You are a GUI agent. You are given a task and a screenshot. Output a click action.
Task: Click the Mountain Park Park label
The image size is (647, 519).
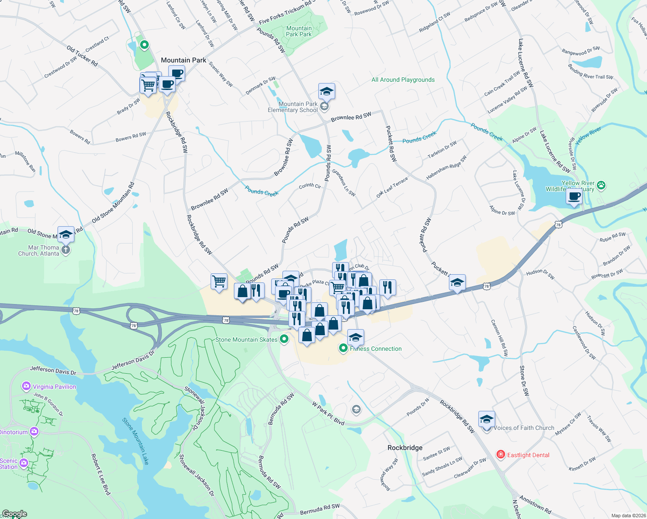(299, 31)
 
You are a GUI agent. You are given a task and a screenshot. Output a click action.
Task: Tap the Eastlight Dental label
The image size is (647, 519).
(528, 455)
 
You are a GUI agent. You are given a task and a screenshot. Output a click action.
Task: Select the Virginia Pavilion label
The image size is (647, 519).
(54, 387)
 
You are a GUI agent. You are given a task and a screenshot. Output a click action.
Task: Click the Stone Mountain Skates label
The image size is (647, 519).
(246, 340)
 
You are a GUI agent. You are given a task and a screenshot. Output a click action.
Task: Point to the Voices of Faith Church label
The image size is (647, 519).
(524, 428)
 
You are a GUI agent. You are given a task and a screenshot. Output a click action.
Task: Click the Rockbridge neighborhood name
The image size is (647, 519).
(405, 448)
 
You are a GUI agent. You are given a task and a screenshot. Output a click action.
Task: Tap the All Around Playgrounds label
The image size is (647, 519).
(403, 80)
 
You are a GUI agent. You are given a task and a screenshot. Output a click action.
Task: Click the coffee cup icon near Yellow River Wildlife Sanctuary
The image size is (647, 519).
(574, 197)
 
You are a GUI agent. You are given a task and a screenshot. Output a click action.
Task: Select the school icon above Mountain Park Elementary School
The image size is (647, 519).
(327, 91)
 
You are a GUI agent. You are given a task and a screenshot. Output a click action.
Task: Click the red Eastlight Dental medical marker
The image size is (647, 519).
(501, 455)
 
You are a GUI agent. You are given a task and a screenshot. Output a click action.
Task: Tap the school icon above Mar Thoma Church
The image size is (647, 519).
(66, 234)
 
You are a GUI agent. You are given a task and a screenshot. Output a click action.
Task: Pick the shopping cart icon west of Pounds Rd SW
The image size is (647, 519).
(219, 282)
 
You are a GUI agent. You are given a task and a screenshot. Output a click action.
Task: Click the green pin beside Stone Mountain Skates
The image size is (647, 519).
(284, 339)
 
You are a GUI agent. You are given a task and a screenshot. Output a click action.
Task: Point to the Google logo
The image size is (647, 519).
(14, 514)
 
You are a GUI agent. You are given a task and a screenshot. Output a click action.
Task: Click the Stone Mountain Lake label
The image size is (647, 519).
(135, 441)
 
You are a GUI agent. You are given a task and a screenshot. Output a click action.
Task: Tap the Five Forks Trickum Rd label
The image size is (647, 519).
(285, 13)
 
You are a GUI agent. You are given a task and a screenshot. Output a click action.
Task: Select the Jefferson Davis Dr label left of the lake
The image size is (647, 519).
(53, 370)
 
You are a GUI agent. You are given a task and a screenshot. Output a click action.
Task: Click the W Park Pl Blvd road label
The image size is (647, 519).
(328, 413)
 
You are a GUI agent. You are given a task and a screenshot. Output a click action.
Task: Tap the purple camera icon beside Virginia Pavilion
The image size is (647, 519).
(26, 386)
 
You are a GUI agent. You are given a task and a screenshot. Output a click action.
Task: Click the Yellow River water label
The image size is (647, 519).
(588, 134)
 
